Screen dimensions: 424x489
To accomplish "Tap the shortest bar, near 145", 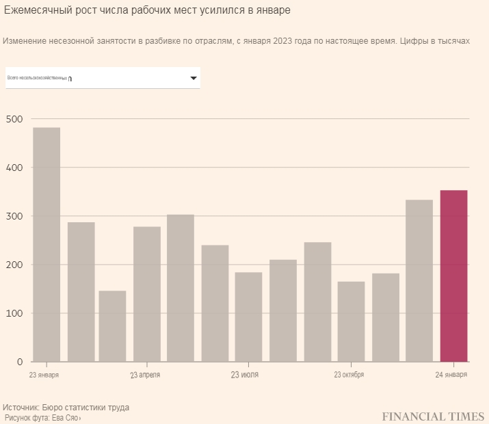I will pos(112,326).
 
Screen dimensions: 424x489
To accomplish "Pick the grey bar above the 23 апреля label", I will pos(147,294).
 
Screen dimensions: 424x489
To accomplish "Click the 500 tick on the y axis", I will pos(14,120).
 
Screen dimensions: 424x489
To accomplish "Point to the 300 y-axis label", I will pos(14,217).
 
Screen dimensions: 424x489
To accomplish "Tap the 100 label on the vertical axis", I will pos(14,314).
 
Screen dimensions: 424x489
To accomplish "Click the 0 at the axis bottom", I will pos(19,362).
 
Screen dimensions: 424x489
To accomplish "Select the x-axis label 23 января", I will pos(44,375).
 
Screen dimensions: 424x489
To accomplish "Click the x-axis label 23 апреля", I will pos(145,375).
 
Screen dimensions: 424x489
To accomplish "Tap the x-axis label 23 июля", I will pos(245,375).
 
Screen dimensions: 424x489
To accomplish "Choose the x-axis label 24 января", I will pos(451,375).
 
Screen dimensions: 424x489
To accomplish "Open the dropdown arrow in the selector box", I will pos(194,79).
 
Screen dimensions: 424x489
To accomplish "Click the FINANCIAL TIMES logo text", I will pos(433,416).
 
